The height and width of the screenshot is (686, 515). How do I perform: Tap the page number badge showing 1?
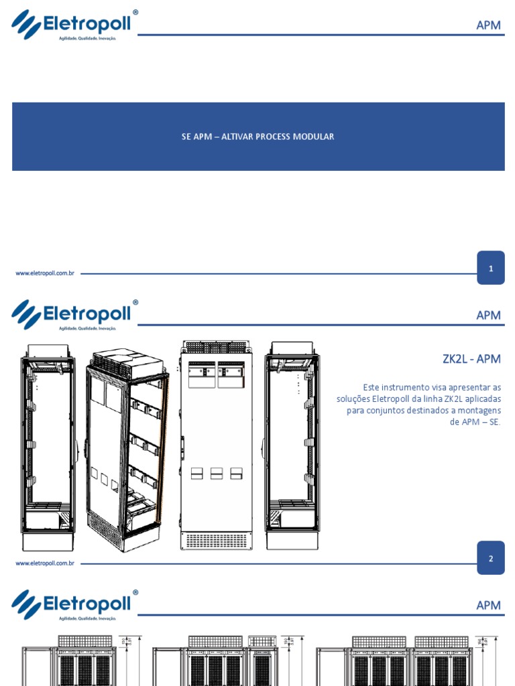pos(491,269)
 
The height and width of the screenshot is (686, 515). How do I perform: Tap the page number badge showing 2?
pos(491,559)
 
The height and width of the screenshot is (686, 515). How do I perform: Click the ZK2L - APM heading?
pos(471,358)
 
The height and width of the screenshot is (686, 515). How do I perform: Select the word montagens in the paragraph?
pos(477,410)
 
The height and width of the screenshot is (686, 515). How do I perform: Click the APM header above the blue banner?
pos(488,25)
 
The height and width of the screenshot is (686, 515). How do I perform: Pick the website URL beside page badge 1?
pos(44,273)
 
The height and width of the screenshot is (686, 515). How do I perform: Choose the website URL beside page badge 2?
pos(44,563)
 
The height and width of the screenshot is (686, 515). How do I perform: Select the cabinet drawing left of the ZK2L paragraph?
pos(292,445)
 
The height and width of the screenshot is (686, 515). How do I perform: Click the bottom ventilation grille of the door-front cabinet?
pos(216,540)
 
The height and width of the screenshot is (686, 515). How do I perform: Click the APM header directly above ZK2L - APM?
pos(488,316)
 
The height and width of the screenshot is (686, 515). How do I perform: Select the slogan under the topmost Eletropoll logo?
pos(88,39)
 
